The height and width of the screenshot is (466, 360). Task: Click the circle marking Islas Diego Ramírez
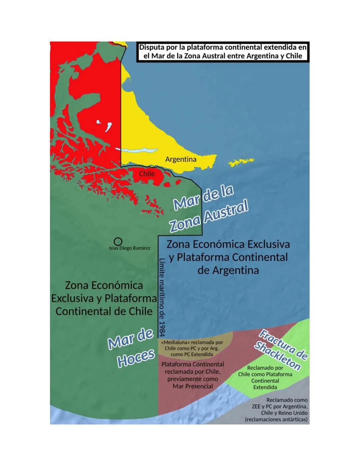coord(118,241)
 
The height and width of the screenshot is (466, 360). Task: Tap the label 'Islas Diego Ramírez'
coord(129,248)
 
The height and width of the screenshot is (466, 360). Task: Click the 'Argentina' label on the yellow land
coord(181,159)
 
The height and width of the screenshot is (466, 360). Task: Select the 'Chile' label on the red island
coord(147,173)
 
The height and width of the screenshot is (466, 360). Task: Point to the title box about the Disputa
coord(223,52)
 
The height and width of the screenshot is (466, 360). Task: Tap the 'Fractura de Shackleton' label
coord(281,350)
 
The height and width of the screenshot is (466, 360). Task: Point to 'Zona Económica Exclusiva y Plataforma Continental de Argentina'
coord(228,257)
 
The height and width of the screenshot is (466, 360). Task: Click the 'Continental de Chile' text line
coord(104,311)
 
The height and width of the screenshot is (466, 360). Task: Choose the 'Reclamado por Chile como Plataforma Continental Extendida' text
coord(265,377)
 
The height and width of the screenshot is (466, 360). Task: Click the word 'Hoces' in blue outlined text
coord(136,359)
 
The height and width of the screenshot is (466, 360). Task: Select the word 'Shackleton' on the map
coord(277,356)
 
